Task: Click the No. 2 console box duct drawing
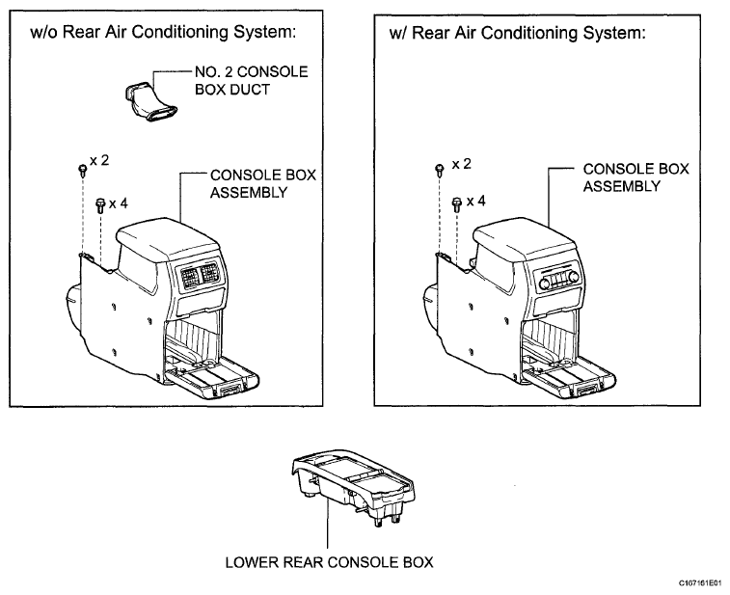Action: click(149, 101)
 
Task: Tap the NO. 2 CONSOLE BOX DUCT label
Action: click(252, 81)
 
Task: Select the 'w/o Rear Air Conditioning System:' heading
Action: click(163, 32)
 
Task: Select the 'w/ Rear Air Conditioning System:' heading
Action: click(517, 33)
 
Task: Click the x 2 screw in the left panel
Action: click(82, 170)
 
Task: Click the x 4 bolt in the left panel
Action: click(100, 204)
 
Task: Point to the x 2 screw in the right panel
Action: click(439, 170)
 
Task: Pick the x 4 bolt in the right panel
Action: click(457, 204)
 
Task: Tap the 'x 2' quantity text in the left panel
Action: click(99, 161)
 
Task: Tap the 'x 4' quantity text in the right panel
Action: click(475, 202)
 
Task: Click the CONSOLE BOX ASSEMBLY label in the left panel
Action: click(263, 183)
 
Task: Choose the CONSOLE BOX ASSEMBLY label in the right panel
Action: click(635, 177)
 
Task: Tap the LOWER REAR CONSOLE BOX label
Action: click(329, 562)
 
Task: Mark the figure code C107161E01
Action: click(700, 582)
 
